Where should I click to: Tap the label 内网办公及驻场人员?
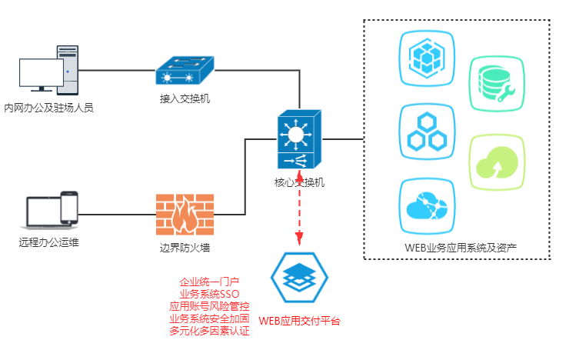click(x=49, y=108)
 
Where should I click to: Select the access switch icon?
click(x=185, y=71)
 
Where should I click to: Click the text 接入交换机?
click(x=185, y=98)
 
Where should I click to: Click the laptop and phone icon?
click(x=52, y=210)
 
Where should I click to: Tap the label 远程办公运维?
click(x=49, y=243)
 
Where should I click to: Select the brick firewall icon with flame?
click(x=185, y=215)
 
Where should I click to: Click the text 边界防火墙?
click(x=185, y=248)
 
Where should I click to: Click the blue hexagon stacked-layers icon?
click(x=299, y=277)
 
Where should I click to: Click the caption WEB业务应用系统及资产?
click(x=461, y=248)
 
